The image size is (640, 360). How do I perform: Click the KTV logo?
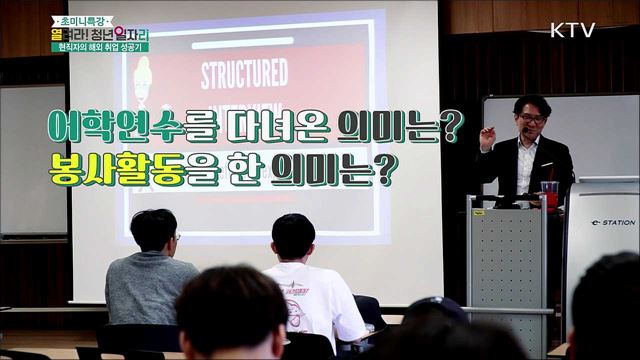[x=572, y=30]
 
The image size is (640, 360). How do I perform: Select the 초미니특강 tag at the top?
[x=80, y=11]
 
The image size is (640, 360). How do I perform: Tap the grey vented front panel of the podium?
[x=507, y=270]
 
